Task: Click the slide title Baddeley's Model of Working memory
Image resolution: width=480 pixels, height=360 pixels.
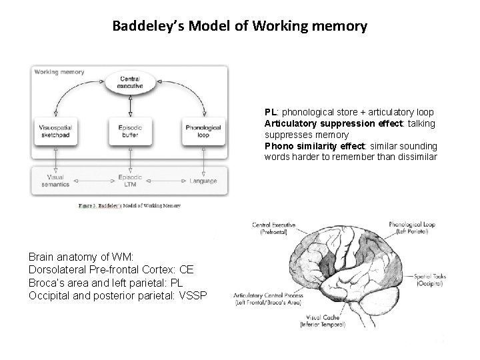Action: pyautogui.click(x=239, y=27)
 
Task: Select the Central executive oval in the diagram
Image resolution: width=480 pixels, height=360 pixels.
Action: pyautogui.click(x=129, y=82)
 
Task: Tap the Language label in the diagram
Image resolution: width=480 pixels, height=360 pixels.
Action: pyautogui.click(x=203, y=181)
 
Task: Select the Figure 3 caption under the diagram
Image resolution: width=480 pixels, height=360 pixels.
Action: pyautogui.click(x=129, y=206)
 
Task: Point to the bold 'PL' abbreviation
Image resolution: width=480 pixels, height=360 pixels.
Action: pyautogui.click(x=271, y=113)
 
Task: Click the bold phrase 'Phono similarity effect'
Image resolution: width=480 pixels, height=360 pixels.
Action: pyautogui.click(x=314, y=146)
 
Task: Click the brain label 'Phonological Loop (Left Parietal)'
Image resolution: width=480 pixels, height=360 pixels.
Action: pyautogui.click(x=412, y=228)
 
